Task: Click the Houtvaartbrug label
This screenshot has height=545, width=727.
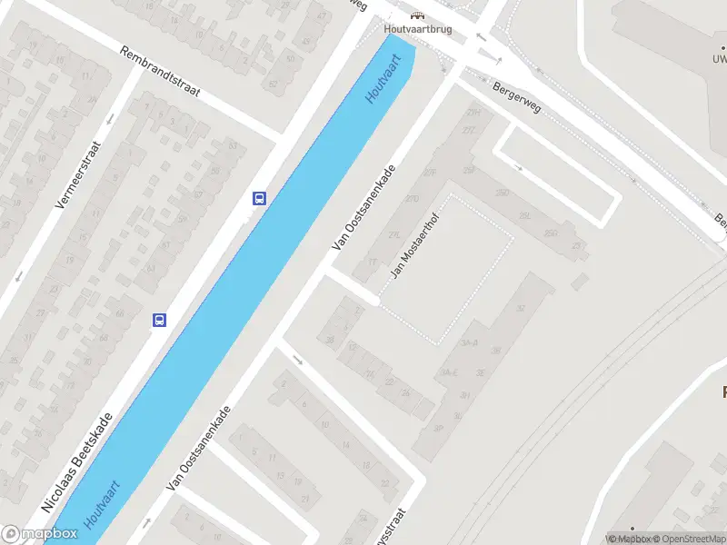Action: point(418,29)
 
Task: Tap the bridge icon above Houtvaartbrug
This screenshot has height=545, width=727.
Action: point(417,15)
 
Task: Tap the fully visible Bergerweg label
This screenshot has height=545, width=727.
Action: point(516,97)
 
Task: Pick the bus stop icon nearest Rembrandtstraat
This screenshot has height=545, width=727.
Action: point(259,198)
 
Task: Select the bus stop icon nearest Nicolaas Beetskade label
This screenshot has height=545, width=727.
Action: point(159,320)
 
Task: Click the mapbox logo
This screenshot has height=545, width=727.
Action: point(40,534)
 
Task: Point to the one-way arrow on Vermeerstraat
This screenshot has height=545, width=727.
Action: point(110,118)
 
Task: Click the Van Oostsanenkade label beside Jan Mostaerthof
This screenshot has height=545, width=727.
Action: point(363,207)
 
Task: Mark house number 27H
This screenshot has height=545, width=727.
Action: point(473,113)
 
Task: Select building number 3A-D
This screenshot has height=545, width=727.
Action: point(469,343)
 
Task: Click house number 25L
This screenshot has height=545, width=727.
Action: point(524,215)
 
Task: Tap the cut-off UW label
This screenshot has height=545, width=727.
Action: point(720,59)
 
